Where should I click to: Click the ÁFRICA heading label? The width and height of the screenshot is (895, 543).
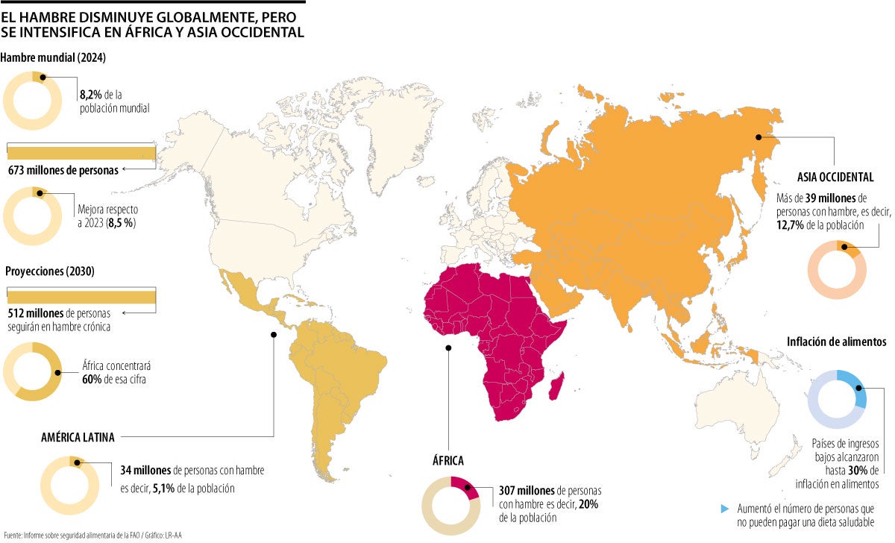coord(447,461)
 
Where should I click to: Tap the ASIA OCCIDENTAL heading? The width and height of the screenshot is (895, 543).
coord(835,177)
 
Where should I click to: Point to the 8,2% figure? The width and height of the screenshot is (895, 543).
coord(91,95)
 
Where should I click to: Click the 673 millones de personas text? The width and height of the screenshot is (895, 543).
coord(63,169)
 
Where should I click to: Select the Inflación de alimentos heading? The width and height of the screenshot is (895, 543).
coord(835,342)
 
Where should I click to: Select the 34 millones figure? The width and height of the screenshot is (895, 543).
coord(145,471)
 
